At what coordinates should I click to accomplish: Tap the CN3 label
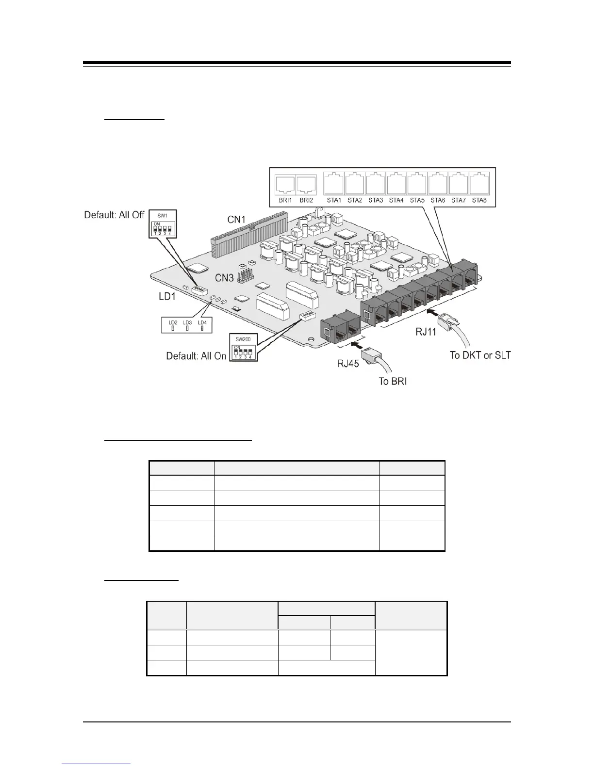(x=225, y=278)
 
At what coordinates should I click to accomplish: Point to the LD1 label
(x=167, y=296)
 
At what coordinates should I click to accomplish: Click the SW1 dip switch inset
(x=162, y=224)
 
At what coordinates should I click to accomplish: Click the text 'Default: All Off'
(x=114, y=215)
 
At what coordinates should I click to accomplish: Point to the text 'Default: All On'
(x=196, y=356)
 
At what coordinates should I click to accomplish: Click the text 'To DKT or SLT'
(x=480, y=355)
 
